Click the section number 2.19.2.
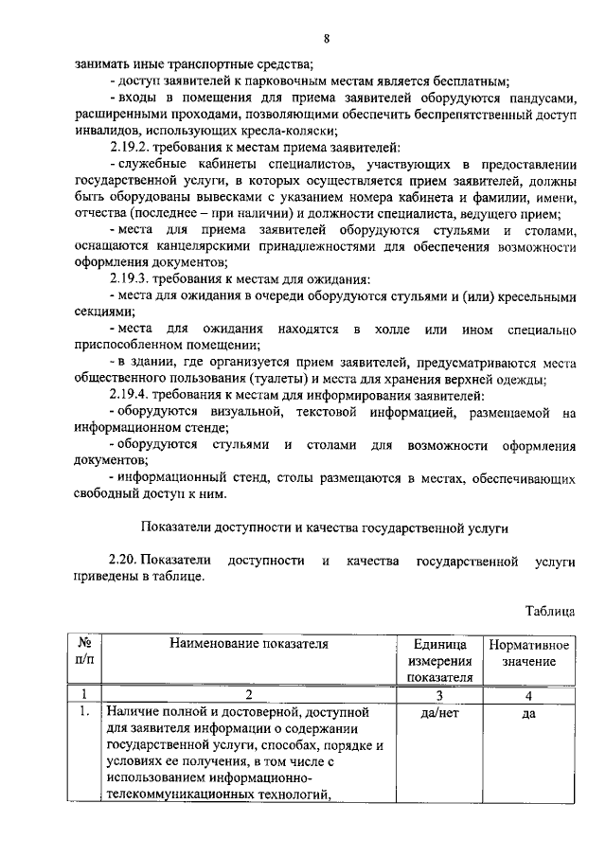coord(132,147)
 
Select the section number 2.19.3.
coord(132,279)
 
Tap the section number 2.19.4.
coord(132,395)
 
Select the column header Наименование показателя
coord(248,645)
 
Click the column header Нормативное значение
coord(529,653)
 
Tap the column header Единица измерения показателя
coord(439,660)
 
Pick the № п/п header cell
coord(85,652)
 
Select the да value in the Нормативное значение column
coord(529,713)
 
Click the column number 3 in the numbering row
coord(439,695)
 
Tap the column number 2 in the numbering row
coord(248,695)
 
